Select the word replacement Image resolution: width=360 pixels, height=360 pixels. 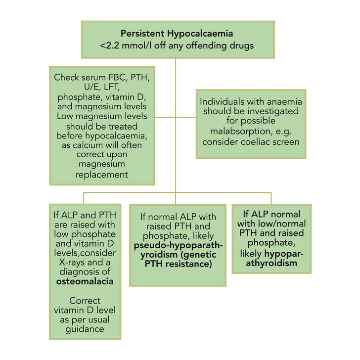101,175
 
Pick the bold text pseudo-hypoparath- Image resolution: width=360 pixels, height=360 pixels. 178,245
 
